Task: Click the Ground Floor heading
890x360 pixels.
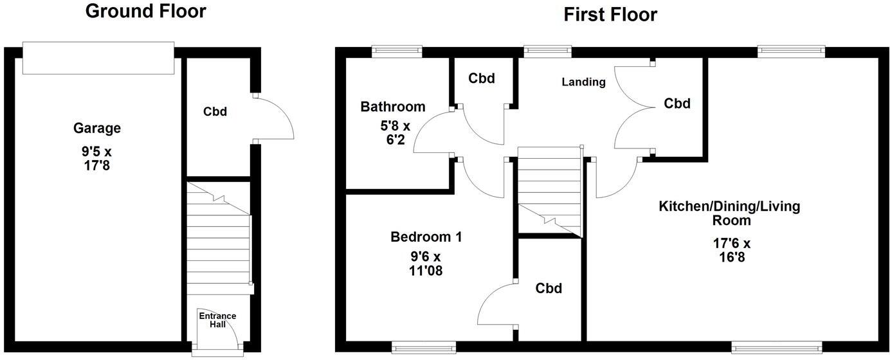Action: click(x=145, y=12)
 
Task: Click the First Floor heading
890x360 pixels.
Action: click(x=610, y=14)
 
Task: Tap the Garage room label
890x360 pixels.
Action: click(x=97, y=129)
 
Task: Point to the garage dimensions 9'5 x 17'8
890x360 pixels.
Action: click(x=97, y=159)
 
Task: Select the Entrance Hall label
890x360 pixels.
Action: click(x=217, y=319)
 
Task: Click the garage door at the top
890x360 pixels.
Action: click(x=98, y=58)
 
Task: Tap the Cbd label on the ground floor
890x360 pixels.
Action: click(x=215, y=111)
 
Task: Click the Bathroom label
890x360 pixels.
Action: click(x=392, y=107)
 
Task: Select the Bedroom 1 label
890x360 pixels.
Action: click(x=426, y=237)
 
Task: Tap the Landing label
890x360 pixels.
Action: click(x=583, y=82)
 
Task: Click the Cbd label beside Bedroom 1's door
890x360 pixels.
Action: click(x=549, y=289)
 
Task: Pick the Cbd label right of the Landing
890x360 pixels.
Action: click(x=677, y=104)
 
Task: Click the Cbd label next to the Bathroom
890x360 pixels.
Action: click(x=481, y=78)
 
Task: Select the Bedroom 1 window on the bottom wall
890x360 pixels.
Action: click(x=424, y=348)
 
